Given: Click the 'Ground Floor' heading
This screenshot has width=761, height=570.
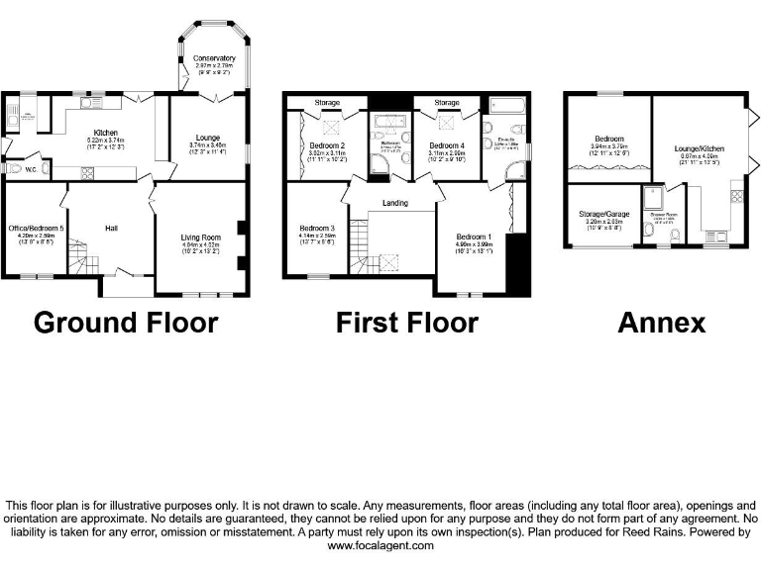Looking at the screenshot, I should point(126,323).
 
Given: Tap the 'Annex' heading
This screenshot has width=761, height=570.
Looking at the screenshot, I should point(661,323).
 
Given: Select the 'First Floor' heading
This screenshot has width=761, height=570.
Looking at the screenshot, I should point(406,323).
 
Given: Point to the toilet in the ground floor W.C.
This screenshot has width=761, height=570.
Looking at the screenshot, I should point(13,169).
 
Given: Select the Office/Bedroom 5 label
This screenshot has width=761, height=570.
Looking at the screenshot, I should point(36,229).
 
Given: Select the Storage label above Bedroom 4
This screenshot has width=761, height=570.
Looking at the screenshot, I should point(447,102).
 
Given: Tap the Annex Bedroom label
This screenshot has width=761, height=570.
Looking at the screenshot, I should point(607,139).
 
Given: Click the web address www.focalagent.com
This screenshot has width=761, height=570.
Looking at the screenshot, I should point(380,545).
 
